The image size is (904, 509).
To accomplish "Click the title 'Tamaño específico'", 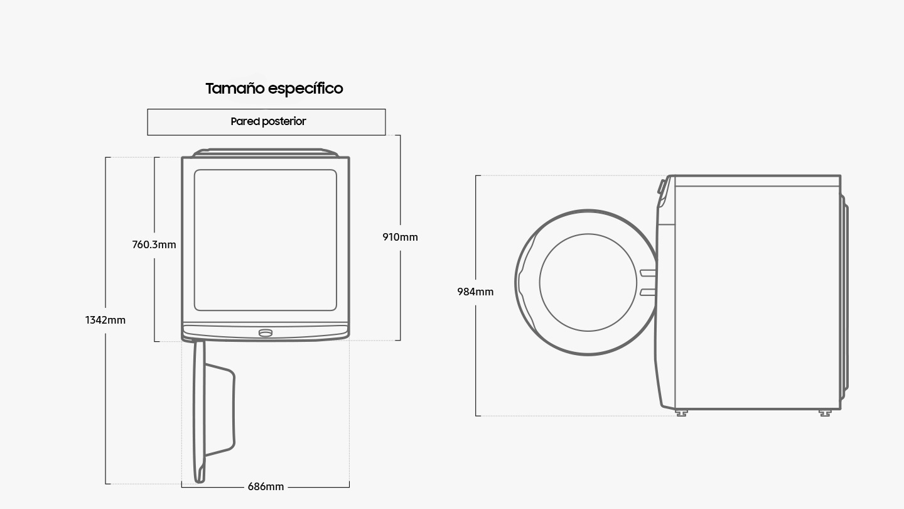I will pyautogui.click(x=274, y=89).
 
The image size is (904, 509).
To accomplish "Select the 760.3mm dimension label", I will pyautogui.click(x=154, y=244).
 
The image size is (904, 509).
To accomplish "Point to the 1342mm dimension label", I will pyautogui.click(x=105, y=320).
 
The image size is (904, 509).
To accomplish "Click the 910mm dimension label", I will pyautogui.click(x=400, y=237).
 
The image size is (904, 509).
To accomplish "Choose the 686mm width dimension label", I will pyautogui.click(x=266, y=486).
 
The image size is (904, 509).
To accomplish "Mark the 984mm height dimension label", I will pyautogui.click(x=475, y=292).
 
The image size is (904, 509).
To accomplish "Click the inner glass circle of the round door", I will pyautogui.click(x=588, y=282).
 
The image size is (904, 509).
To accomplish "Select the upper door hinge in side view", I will pyautogui.click(x=648, y=273).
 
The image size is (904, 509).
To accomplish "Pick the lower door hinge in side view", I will pyautogui.click(x=648, y=292).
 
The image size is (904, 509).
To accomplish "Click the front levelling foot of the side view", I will pyautogui.click(x=682, y=413).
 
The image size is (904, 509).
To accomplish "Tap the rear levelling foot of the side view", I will pyautogui.click(x=825, y=413).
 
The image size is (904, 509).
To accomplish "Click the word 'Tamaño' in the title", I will pyautogui.click(x=235, y=89).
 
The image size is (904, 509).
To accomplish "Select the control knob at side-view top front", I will pyautogui.click(x=662, y=187).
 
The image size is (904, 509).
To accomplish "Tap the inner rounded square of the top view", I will pyautogui.click(x=266, y=240).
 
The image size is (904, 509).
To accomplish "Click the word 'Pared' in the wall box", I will pyautogui.click(x=245, y=122).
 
